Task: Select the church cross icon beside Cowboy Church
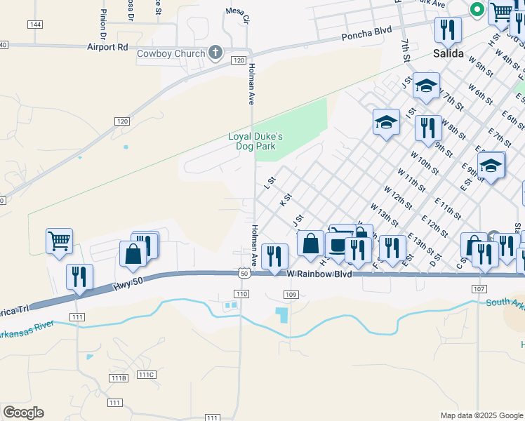(x=216, y=53)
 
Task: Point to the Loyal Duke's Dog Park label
(x=255, y=142)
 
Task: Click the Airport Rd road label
(x=108, y=47)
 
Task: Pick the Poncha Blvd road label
(x=366, y=36)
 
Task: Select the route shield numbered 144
(x=34, y=24)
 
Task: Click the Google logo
(x=23, y=413)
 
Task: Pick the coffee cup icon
(x=338, y=245)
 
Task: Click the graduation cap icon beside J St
(x=425, y=86)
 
